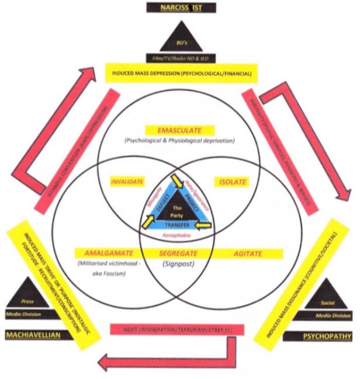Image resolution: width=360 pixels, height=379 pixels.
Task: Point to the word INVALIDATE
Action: click(127, 182)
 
